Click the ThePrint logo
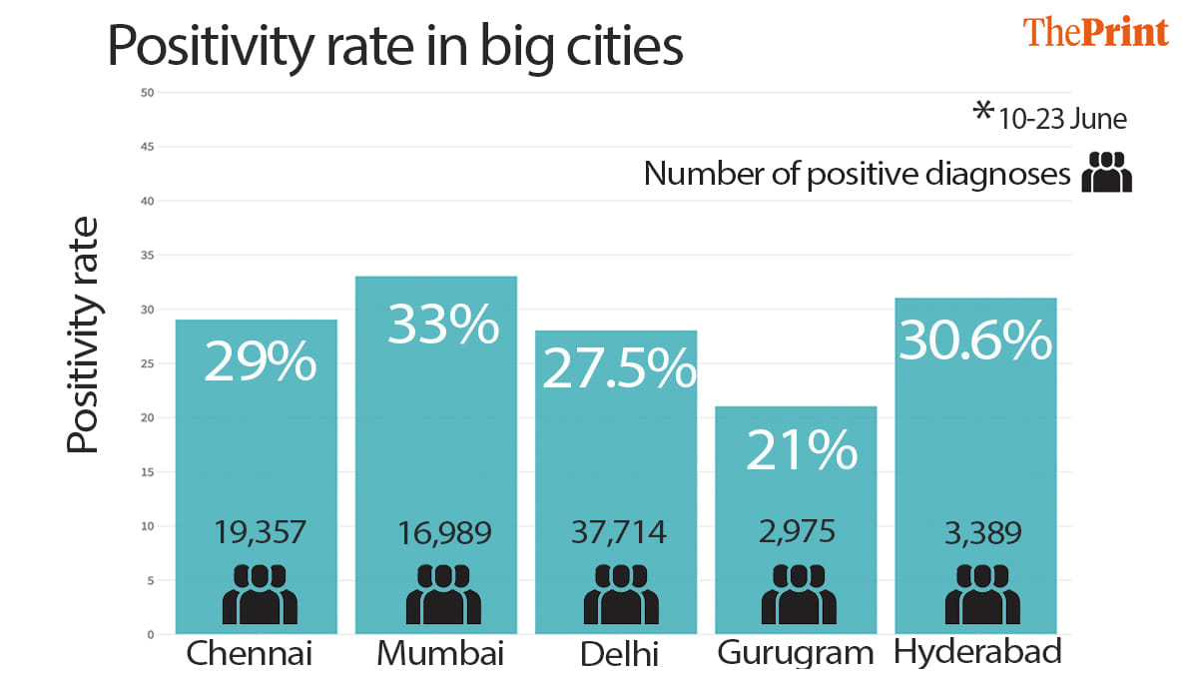(1095, 32)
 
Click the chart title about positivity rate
(395, 45)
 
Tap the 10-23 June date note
(1050, 117)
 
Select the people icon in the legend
(1107, 173)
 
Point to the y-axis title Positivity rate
(84, 335)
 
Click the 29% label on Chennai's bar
(260, 361)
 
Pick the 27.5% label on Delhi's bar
(618, 368)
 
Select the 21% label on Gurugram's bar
(802, 449)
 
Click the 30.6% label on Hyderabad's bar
(975, 341)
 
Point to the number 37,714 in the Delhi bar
(619, 532)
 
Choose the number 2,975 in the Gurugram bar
(798, 532)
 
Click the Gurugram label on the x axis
(796, 654)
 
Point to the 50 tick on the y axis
(147, 93)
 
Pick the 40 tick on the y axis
(147, 201)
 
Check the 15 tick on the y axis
(147, 471)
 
